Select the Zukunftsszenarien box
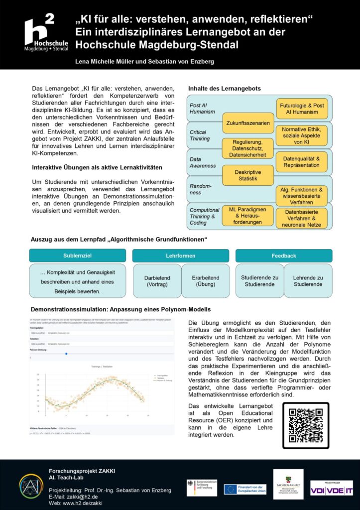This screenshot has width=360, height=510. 248,123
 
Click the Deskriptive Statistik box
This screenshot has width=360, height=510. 248,175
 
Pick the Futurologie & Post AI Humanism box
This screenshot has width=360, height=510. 302,109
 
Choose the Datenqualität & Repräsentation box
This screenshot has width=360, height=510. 302,161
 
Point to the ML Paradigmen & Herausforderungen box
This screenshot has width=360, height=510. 248,215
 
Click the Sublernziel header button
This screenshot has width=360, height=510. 78,255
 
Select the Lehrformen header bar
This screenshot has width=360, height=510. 180,255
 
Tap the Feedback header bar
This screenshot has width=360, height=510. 284,255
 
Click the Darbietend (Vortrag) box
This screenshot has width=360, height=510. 157,281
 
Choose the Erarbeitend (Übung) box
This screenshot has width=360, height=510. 205,281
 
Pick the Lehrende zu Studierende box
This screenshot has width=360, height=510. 308,281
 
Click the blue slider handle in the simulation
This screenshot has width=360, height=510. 66,354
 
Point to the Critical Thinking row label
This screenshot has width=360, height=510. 200,135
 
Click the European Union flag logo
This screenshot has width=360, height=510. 230,490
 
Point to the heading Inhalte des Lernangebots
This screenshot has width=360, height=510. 224,89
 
